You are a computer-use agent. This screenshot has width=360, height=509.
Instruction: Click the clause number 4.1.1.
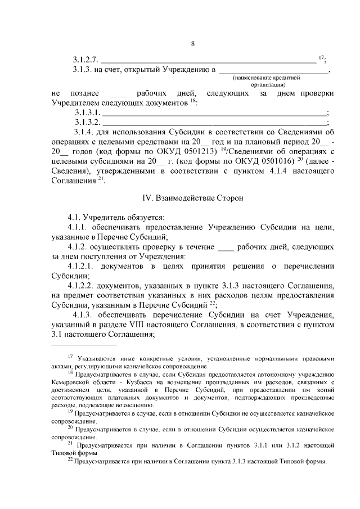(78, 227)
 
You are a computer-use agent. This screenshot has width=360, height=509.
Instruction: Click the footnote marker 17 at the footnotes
(70, 356)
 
